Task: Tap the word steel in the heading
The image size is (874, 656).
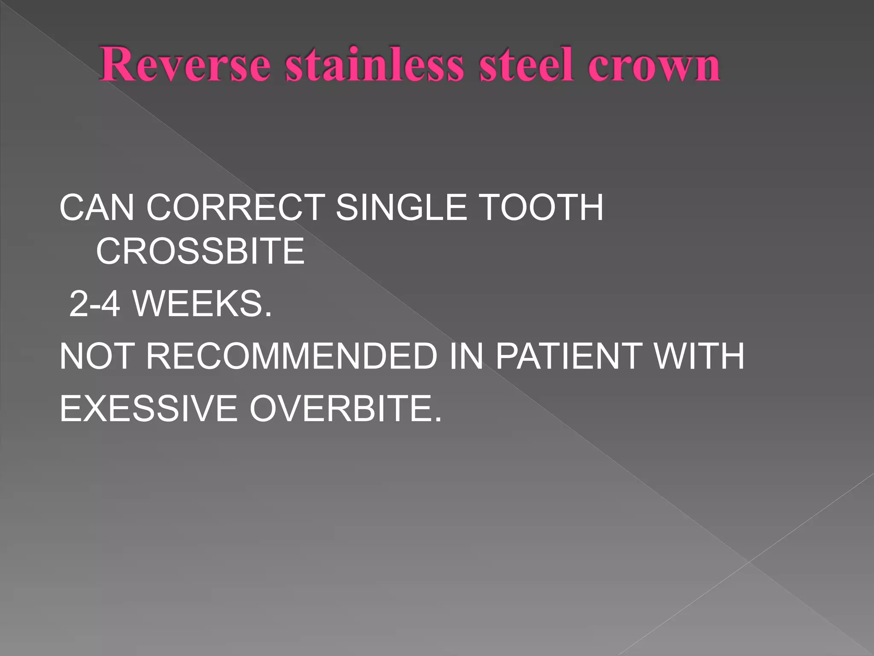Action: click(526, 65)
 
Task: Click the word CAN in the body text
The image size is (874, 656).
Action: click(97, 208)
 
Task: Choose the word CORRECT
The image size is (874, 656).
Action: click(236, 208)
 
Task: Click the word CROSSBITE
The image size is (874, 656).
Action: click(200, 252)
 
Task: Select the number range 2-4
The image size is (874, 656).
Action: click(94, 304)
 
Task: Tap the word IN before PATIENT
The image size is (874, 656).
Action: click(466, 357)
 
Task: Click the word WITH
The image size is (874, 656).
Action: click(699, 357)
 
